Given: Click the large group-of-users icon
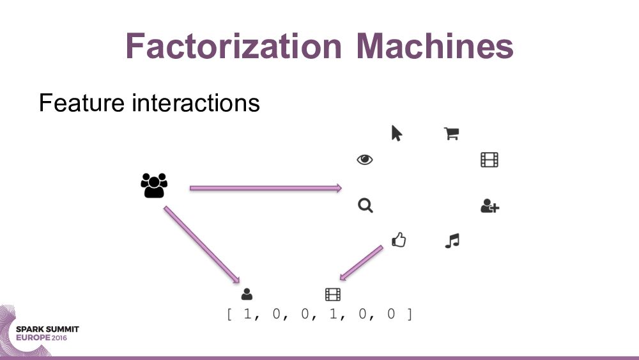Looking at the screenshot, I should click(153, 185).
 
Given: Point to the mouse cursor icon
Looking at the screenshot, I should click(396, 133).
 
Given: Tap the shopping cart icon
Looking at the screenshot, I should click(452, 133).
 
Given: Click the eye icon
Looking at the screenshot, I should click(365, 160).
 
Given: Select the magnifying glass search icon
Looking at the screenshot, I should click(365, 206).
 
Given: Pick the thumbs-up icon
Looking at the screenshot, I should click(399, 240).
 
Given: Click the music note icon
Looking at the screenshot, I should click(452, 240).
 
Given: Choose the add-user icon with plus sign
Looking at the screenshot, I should click(489, 206).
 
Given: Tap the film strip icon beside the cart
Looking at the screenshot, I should click(489, 160).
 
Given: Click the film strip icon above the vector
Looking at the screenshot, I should click(333, 294).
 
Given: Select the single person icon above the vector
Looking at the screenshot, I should click(247, 294).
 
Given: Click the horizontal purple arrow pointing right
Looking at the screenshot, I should click(265, 188).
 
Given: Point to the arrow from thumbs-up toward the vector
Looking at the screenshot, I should click(362, 263).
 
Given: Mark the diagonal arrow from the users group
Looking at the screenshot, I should click(201, 244).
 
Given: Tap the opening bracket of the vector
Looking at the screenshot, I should click(229, 315).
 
